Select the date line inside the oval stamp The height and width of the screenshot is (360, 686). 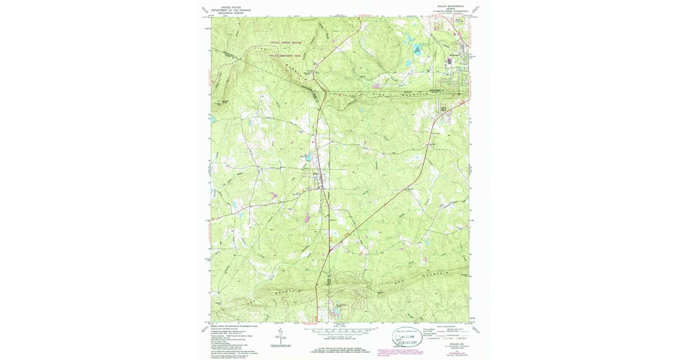[408, 337]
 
